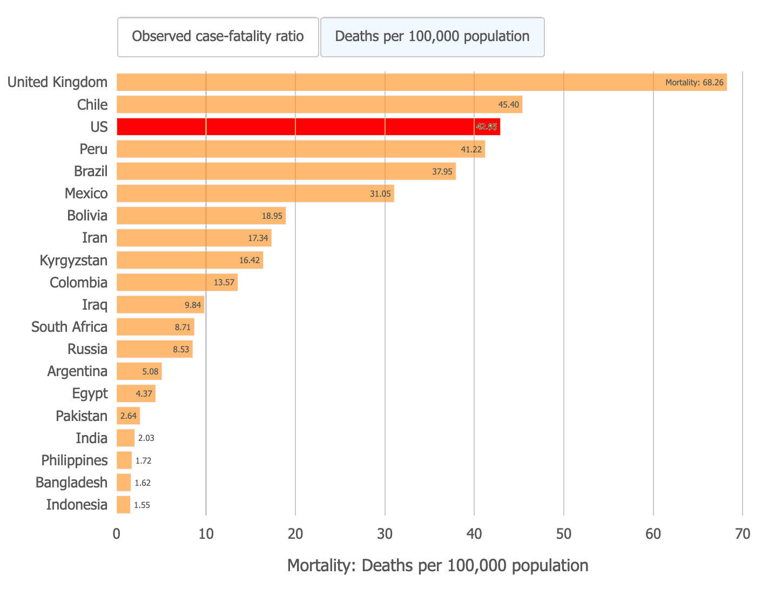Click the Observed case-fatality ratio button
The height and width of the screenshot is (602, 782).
(x=218, y=37)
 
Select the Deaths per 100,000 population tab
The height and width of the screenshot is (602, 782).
(x=432, y=37)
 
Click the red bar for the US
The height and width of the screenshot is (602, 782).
(x=308, y=127)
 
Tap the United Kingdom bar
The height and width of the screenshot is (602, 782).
(x=421, y=82)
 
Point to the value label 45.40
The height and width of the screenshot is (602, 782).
(x=508, y=104)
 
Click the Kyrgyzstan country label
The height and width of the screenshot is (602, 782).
(x=73, y=260)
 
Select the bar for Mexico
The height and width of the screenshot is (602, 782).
(x=255, y=193)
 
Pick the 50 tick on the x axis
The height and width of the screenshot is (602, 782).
(x=564, y=534)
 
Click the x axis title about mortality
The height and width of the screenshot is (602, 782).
(x=437, y=565)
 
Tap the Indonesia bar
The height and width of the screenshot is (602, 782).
(x=124, y=505)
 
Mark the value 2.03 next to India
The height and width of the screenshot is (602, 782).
(x=146, y=438)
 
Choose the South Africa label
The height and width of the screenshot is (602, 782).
(x=69, y=327)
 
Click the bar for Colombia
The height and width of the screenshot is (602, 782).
(x=177, y=282)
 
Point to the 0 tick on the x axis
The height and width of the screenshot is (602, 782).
(x=117, y=534)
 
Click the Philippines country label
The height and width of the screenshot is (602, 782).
(x=75, y=460)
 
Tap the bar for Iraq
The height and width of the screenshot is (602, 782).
(x=160, y=305)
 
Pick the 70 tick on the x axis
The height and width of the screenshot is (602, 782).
(x=743, y=534)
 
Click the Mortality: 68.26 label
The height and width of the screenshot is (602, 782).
(x=694, y=83)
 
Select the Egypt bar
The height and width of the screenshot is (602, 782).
(x=136, y=393)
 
